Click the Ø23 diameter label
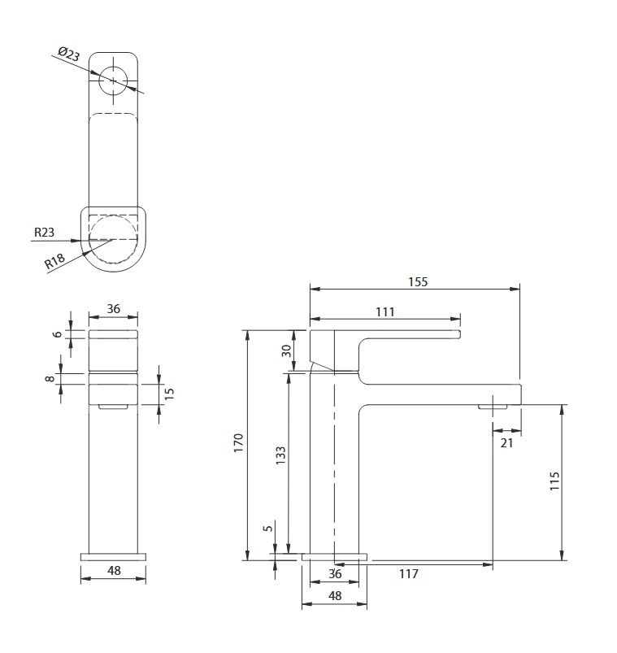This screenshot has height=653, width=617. pyautogui.click(x=69, y=54)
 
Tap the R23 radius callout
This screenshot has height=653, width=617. pyautogui.click(x=44, y=232)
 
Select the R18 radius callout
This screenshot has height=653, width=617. pyautogui.click(x=54, y=261)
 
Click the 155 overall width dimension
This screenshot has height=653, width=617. pyautogui.click(x=418, y=282)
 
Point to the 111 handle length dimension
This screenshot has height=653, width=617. pyautogui.click(x=385, y=312)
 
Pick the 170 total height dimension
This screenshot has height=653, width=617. pyautogui.click(x=238, y=443)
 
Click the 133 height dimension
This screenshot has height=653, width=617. pyautogui.click(x=280, y=455)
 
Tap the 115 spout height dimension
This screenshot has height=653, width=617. pyautogui.click(x=554, y=481)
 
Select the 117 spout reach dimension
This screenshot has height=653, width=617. pyautogui.click(x=408, y=574)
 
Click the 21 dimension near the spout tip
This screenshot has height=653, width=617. pyautogui.click(x=506, y=442)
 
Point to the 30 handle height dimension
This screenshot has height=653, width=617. pyautogui.click(x=286, y=350)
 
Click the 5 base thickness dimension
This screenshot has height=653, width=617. pyautogui.click(x=268, y=528)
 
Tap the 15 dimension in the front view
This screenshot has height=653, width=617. pyautogui.click(x=169, y=394)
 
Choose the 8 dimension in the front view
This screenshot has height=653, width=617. pyautogui.click(x=50, y=379)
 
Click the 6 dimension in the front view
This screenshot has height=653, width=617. pyautogui.click(x=58, y=334)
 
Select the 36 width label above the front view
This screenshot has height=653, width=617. pyautogui.click(x=114, y=308)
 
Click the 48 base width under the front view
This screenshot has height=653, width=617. pyautogui.click(x=114, y=570)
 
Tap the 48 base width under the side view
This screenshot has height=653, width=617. pyautogui.click(x=335, y=595)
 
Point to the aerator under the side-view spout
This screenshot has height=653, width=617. pyautogui.click(x=493, y=407)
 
